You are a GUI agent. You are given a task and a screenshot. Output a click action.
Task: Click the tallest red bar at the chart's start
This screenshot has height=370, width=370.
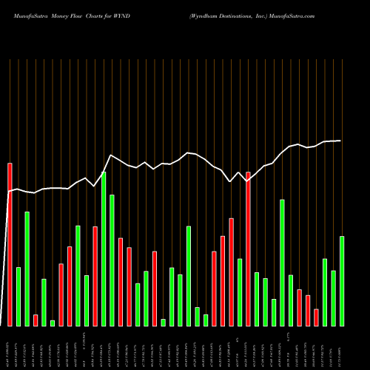coord(10,244)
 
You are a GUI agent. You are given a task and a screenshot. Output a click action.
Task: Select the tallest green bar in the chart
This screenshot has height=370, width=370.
coord(104,249)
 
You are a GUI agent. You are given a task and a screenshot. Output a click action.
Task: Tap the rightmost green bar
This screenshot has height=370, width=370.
coord(342,280)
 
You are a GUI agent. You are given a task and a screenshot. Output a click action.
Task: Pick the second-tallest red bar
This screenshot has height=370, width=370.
coord(248,249)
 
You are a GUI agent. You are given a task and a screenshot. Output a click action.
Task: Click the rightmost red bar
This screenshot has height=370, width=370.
coord(316,317)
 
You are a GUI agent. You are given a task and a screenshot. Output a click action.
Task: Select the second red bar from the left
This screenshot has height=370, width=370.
coord(36,320)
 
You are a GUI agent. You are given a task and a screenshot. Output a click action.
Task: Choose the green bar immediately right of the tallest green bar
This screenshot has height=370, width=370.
coord(112,260)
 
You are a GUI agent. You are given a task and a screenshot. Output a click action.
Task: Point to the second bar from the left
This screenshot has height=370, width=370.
coord(18,296)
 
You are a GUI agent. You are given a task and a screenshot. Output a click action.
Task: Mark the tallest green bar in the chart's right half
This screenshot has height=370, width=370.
coord(282,262)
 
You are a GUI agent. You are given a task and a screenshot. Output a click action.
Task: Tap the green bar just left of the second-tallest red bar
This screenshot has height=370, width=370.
coord(240,292)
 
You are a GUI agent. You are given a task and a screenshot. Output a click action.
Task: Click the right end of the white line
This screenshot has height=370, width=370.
coord(341,141)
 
